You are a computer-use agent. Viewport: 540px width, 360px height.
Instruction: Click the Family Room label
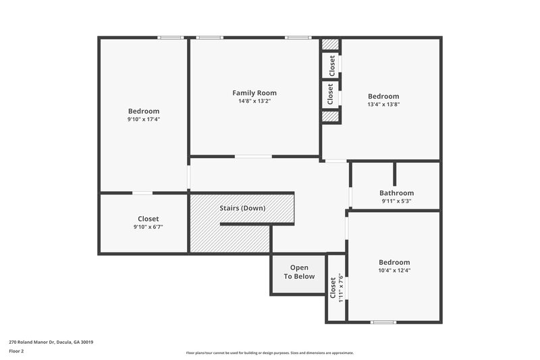(x=254, y=93)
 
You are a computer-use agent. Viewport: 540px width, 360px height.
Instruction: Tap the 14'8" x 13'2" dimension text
(x=254, y=101)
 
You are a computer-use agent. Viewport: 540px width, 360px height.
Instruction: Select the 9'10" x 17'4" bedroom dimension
(x=144, y=120)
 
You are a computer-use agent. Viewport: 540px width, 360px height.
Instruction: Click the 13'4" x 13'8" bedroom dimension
(x=383, y=105)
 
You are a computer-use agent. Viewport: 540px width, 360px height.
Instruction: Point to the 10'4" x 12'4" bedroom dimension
(x=394, y=270)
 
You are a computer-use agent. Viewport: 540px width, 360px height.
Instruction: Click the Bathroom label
(x=396, y=192)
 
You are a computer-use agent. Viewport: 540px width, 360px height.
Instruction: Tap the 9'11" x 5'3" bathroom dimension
(x=396, y=201)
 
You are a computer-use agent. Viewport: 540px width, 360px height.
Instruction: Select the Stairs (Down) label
(x=242, y=208)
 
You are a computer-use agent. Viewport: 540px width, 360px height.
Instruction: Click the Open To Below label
(x=299, y=272)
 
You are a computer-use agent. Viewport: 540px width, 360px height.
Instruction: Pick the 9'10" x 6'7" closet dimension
(x=148, y=227)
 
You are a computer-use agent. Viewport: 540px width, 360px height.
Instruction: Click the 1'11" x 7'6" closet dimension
(x=341, y=287)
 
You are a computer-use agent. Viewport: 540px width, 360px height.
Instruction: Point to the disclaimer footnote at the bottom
(x=269, y=353)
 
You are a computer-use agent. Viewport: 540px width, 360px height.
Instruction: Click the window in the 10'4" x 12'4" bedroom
(x=383, y=322)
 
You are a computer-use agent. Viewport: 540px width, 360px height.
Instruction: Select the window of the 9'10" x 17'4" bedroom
(x=171, y=38)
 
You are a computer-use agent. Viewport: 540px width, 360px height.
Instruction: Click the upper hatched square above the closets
(x=329, y=45)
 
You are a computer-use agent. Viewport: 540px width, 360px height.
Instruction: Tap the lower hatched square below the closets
(x=329, y=116)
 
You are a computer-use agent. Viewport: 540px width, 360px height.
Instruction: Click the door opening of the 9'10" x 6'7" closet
(x=142, y=193)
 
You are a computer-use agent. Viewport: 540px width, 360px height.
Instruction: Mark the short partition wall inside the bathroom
(x=394, y=174)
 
